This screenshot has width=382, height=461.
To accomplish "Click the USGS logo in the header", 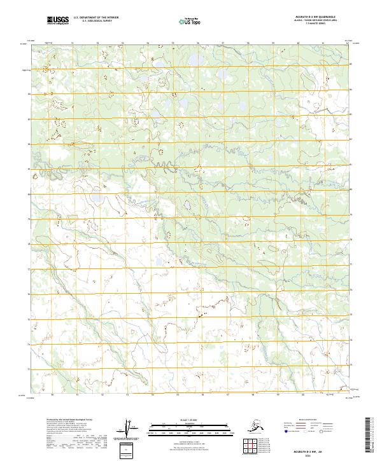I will [x=58, y=22].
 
